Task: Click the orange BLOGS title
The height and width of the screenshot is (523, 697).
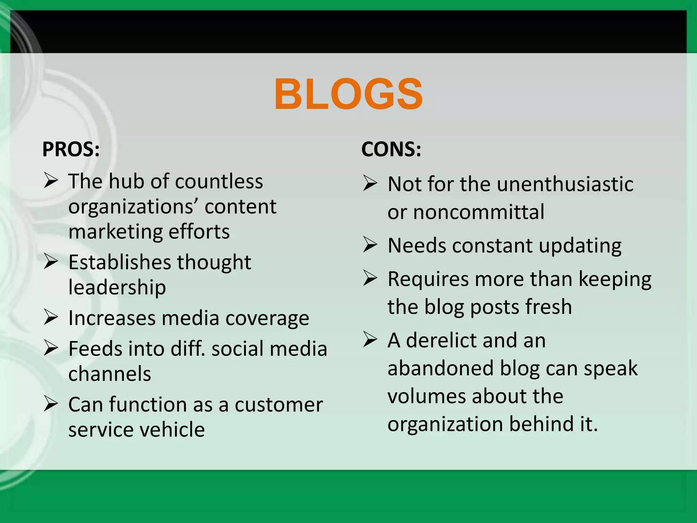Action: coord(348,94)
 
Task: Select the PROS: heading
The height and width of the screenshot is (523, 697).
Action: coord(71,149)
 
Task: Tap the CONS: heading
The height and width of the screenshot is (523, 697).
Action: coord(391,149)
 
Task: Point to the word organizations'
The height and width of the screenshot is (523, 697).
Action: coord(133,207)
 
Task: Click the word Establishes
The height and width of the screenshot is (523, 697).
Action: coord(119,262)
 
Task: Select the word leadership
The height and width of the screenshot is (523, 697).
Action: coord(117,287)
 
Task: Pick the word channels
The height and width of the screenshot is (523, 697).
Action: coord(110,374)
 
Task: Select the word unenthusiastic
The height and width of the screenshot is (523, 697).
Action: coord(565,184)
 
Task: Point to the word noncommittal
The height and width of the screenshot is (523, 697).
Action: coord(479,212)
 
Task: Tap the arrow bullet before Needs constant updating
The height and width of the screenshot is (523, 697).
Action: coord(370,244)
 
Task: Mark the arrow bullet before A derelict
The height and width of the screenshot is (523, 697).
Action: coord(370,339)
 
